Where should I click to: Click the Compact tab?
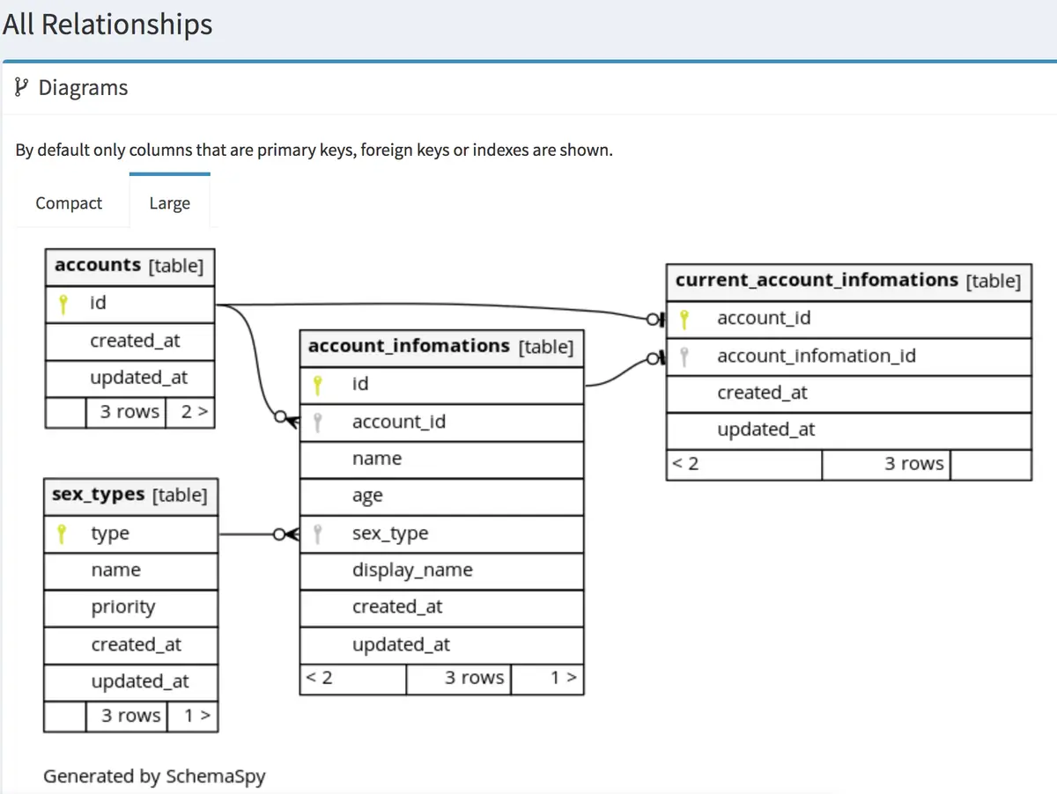coord(69,203)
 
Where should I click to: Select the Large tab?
coord(169,203)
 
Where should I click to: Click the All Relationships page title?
coord(107,24)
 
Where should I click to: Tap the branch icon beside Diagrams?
coord(21,87)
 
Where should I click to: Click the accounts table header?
coord(129,266)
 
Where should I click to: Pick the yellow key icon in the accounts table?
coord(63,304)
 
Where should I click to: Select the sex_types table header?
coord(130,496)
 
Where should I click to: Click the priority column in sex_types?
coord(130,607)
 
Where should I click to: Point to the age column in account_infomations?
coord(441,496)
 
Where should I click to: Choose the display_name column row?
coord(441,570)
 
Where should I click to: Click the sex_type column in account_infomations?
coord(441,533)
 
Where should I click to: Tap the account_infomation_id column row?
coord(849,357)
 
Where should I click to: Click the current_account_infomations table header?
coord(849,282)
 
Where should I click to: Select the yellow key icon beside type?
coord(62,534)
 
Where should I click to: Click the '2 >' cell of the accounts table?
coord(190,412)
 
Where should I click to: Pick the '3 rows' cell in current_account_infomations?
coord(886,465)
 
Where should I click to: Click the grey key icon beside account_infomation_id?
coord(684,357)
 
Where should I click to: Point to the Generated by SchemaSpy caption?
coord(154,776)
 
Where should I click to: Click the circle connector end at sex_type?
coord(279,534)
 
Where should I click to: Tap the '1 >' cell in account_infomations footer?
coord(548,679)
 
